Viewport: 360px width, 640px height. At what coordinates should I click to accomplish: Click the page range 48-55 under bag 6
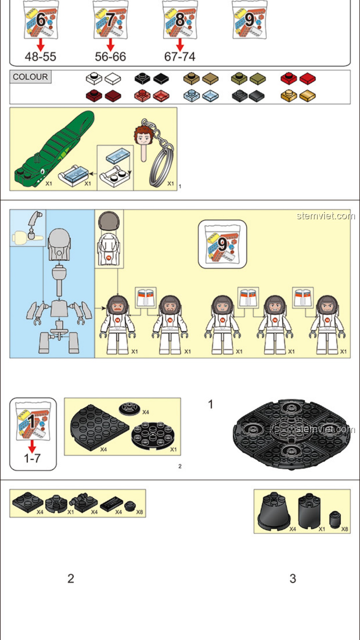40,57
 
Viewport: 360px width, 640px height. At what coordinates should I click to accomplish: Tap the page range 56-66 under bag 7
110,57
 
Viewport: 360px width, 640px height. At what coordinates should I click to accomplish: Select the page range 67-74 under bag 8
180,57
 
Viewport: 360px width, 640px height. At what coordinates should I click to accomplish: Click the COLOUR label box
30,77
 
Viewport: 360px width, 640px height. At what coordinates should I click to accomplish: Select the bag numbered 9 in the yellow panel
222,244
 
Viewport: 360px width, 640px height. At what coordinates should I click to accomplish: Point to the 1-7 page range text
32,458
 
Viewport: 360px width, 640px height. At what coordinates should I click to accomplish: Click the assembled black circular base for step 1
292,433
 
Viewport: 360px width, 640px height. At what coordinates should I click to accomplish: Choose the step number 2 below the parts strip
71,578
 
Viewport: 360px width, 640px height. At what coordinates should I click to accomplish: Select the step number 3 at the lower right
293,578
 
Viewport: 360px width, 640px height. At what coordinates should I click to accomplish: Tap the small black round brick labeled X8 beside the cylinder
335,519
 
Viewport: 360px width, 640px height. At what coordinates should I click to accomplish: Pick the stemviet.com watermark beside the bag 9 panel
326,216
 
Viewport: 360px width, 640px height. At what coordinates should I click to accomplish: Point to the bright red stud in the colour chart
289,78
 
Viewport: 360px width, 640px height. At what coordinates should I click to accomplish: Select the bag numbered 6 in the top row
41,20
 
